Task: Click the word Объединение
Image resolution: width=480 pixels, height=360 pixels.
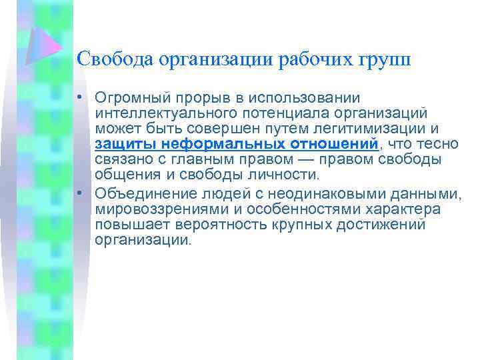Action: pos(141,193)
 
